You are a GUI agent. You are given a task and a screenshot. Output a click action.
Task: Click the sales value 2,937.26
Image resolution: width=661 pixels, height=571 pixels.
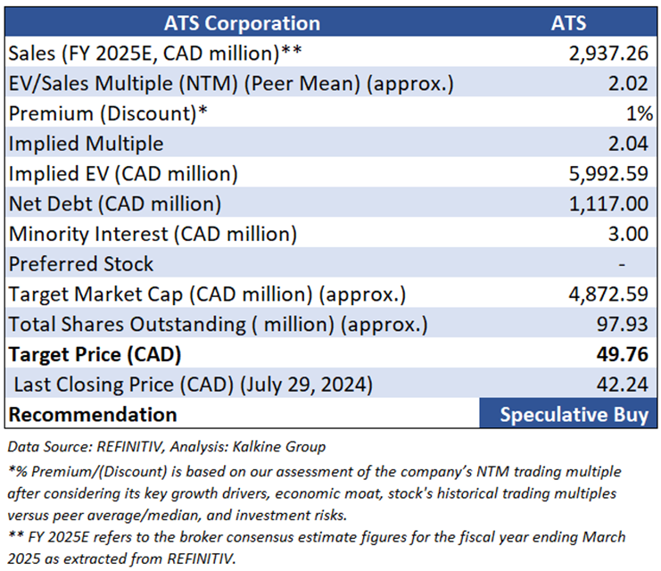607,54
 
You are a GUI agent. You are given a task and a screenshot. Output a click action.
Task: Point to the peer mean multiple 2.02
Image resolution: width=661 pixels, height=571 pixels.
628,84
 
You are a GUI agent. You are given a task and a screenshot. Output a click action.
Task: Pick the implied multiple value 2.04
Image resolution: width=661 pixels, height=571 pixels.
628,144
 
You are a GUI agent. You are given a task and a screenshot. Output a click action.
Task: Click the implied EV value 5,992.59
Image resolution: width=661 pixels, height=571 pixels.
607,174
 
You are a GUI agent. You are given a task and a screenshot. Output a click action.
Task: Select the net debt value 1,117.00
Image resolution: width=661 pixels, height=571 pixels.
607,204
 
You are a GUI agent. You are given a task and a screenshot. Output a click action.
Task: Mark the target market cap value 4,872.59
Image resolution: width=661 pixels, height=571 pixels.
607,294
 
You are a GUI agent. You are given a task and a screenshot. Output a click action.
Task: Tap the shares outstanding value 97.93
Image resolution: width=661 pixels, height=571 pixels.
623,324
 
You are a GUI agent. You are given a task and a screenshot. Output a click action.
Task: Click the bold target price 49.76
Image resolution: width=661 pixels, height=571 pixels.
622,354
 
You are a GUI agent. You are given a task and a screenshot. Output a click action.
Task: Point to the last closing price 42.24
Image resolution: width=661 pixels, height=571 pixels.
623,385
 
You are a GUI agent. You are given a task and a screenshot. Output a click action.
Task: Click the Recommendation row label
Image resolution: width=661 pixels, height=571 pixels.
93,414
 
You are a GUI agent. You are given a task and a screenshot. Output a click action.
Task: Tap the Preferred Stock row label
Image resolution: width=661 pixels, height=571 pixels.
80,264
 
